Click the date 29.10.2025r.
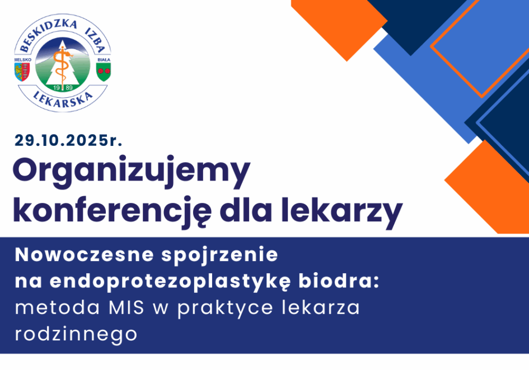pyautogui.click(x=68, y=140)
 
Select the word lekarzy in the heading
pyautogui.click(x=342, y=212)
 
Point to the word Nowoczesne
pyautogui.click(x=85, y=255)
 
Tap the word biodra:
pyautogui.click(x=339, y=281)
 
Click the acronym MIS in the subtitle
pyautogui.click(x=127, y=307)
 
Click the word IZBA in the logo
pyautogui.click(x=95, y=40)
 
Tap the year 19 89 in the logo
pyautogui.click(x=63, y=88)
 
